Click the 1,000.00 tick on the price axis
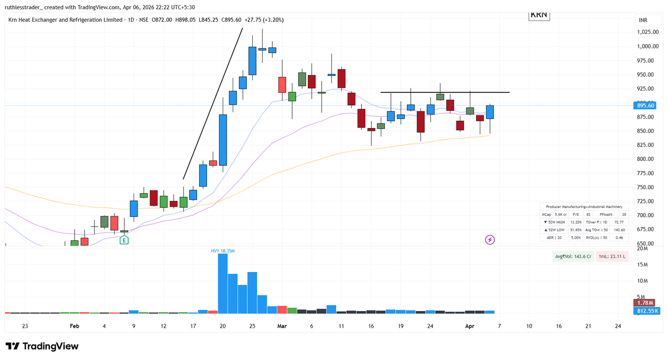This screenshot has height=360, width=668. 648,47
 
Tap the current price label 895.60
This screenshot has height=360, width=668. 646,105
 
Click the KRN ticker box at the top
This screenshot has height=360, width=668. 538,15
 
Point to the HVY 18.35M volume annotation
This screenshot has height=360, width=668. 222,251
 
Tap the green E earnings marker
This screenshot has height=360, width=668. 124,240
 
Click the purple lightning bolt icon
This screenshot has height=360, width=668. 490,240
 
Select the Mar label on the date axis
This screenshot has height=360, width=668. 282,326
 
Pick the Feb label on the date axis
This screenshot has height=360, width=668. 74,326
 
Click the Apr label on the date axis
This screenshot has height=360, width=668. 469,326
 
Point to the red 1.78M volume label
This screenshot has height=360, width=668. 646,303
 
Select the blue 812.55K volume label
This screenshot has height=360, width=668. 646,310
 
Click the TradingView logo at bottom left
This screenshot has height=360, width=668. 42,346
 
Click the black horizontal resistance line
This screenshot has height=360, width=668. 445,92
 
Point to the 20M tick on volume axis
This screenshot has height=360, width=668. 642,249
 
